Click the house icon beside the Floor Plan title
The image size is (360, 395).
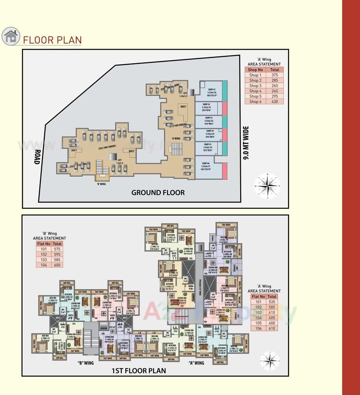(x=11, y=36)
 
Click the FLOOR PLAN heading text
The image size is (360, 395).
(x=52, y=40)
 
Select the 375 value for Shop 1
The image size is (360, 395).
(x=274, y=75)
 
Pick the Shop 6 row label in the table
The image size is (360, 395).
(x=255, y=102)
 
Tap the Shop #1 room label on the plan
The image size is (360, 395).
(x=212, y=91)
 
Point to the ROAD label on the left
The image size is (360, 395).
(x=37, y=157)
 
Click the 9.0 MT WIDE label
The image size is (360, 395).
(x=246, y=143)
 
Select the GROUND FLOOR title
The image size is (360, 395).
(x=158, y=193)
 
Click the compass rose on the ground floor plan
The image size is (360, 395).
(x=267, y=186)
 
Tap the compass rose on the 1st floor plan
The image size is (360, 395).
(x=270, y=360)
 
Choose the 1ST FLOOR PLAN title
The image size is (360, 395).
(x=139, y=371)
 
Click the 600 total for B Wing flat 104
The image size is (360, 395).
(x=57, y=265)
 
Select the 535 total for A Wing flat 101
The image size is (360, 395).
(x=272, y=302)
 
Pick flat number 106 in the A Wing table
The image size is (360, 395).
(x=258, y=328)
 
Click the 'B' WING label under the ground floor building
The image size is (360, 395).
(x=101, y=184)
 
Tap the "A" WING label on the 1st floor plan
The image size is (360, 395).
(x=196, y=363)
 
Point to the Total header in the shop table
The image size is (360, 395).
(x=274, y=70)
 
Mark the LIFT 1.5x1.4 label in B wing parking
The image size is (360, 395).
(x=119, y=161)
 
